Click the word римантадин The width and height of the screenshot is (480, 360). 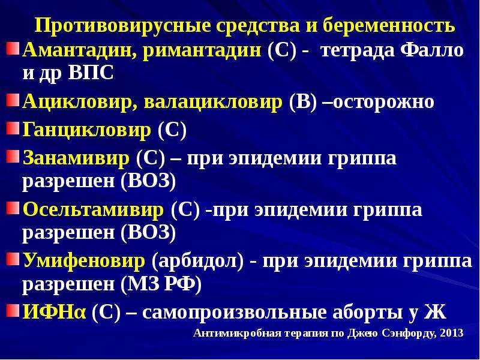pos(202,51)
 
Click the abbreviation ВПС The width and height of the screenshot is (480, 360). pos(91,73)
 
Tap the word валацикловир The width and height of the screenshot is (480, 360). pos(213,102)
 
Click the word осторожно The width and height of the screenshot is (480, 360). pos(383,103)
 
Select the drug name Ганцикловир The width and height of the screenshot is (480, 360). pos(86,130)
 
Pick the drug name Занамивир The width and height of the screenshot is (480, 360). pos(76,158)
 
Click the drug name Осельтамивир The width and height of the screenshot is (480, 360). pos(93,210)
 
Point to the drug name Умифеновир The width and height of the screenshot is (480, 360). pos(83,261)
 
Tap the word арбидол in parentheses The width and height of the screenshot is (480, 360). pos(199,261)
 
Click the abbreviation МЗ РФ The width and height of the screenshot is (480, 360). pos(161,284)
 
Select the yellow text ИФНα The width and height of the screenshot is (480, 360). pos(54,312)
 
